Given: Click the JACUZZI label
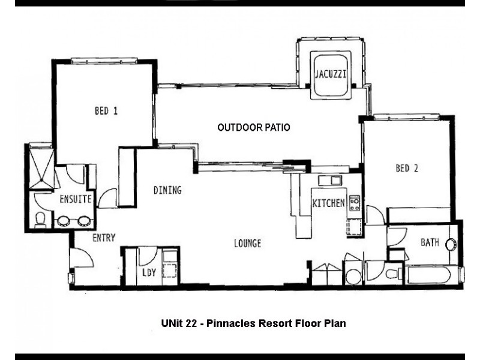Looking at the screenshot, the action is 331,74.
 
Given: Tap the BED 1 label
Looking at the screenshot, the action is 106,110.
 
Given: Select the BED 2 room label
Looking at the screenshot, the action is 407,168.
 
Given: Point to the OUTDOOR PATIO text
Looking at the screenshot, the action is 254,127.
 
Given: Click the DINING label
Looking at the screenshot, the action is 167,190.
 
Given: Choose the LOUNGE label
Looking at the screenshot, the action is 248,244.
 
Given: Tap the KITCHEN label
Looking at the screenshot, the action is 328,203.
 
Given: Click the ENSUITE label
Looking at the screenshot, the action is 76,199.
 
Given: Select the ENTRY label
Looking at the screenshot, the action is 104,238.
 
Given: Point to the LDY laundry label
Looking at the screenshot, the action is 149,272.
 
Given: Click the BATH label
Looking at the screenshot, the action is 430,242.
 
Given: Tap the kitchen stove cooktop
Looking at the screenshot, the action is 355,203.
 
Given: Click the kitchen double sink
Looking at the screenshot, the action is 329,181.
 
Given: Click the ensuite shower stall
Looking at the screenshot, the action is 41,167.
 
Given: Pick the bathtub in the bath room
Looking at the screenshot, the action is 429,275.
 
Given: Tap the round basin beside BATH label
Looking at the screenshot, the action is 451,245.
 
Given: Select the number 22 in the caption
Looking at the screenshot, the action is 191,323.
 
